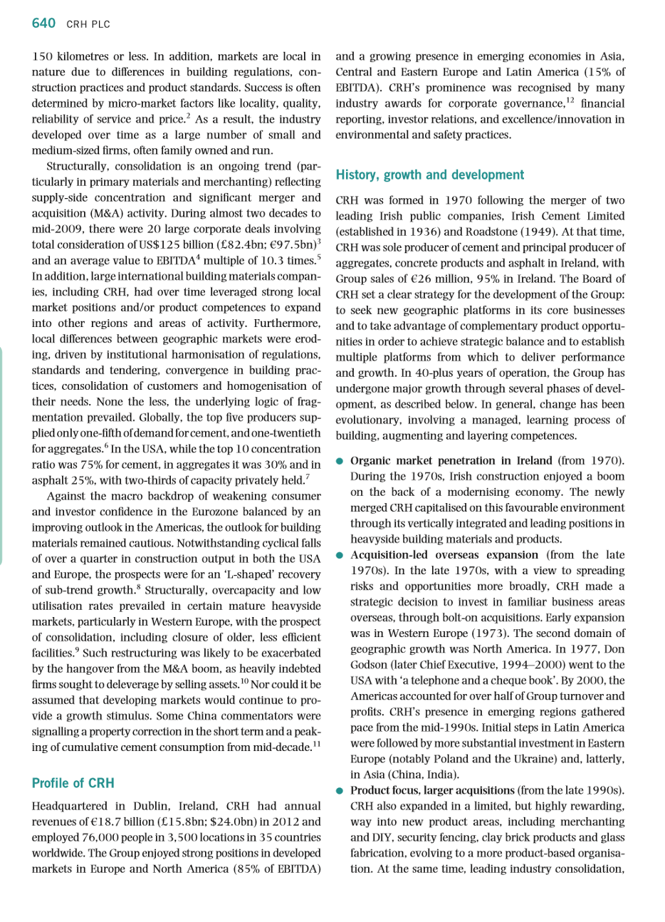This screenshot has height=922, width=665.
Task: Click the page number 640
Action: click(43, 24)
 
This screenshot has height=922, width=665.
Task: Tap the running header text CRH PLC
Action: click(88, 25)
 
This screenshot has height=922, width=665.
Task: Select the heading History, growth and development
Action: click(429, 175)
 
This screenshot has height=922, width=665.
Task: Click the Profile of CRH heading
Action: click(73, 783)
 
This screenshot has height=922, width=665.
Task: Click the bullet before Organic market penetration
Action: click(341, 462)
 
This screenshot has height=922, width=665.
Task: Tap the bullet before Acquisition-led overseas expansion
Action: click(341, 556)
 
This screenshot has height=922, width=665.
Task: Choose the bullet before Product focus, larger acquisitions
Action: click(341, 791)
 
